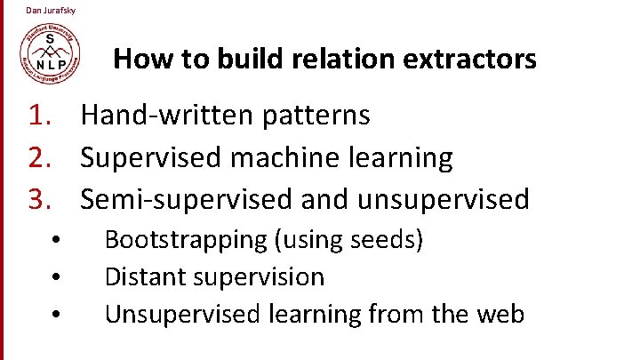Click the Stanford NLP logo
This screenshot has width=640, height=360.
click(52, 51)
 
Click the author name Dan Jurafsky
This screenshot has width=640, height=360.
click(51, 10)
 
